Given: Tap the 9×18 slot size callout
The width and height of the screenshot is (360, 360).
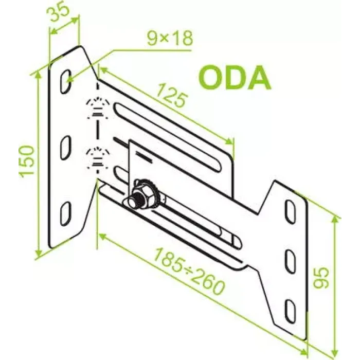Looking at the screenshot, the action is (x=170, y=39).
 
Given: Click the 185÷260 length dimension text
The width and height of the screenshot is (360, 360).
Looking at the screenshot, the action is (x=189, y=272).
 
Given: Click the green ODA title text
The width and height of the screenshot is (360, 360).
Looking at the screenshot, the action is (x=234, y=77).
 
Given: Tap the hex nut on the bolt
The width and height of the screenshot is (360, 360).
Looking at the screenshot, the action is (x=143, y=192).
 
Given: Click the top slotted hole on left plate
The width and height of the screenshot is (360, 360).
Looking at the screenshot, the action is (x=66, y=81).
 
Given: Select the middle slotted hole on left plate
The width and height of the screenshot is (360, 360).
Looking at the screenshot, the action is (x=66, y=148).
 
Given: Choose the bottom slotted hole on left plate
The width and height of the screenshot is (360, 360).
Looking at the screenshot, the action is (x=66, y=214).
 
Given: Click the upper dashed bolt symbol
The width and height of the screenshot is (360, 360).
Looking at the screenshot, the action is (x=98, y=108).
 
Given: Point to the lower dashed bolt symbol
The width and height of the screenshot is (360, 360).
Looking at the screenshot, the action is (x=98, y=159).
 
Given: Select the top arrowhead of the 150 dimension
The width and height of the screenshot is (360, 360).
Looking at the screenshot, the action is (x=39, y=74).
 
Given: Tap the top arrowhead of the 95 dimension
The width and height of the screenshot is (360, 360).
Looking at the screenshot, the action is (x=335, y=220).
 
